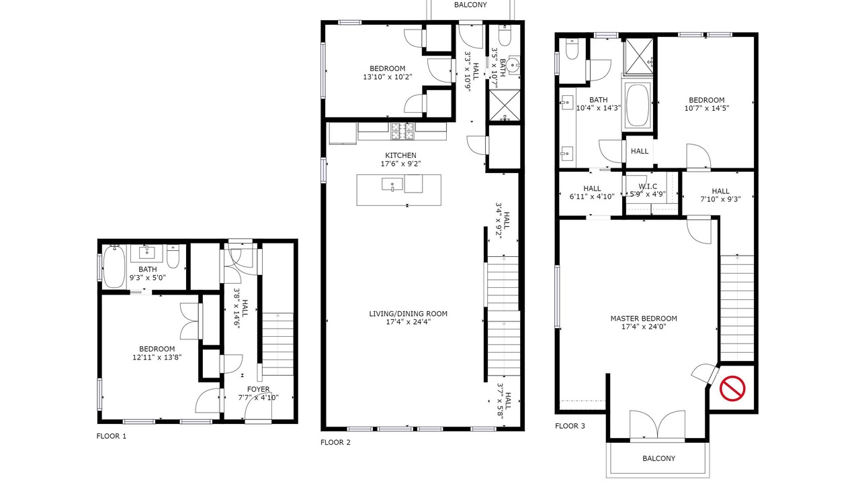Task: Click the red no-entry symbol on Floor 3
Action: (732, 388)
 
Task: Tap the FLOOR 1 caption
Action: (112, 436)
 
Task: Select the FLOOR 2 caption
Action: (335, 442)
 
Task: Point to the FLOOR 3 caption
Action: (570, 426)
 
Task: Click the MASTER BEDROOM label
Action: (644, 319)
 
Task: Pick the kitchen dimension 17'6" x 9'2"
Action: (401, 164)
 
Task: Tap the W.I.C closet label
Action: (648, 186)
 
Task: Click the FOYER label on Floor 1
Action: (259, 390)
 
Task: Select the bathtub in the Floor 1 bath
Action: (114, 266)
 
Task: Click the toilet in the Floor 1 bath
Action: (173, 256)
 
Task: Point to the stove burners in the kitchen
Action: (402, 131)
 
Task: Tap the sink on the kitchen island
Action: (392, 184)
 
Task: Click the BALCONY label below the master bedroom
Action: (659, 458)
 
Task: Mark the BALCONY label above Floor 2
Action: (470, 5)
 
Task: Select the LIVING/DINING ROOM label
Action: (408, 314)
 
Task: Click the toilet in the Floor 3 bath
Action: (572, 49)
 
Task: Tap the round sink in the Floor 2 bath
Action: (513, 66)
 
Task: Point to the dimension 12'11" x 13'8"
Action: (157, 358)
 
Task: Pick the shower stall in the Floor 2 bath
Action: (504, 105)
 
